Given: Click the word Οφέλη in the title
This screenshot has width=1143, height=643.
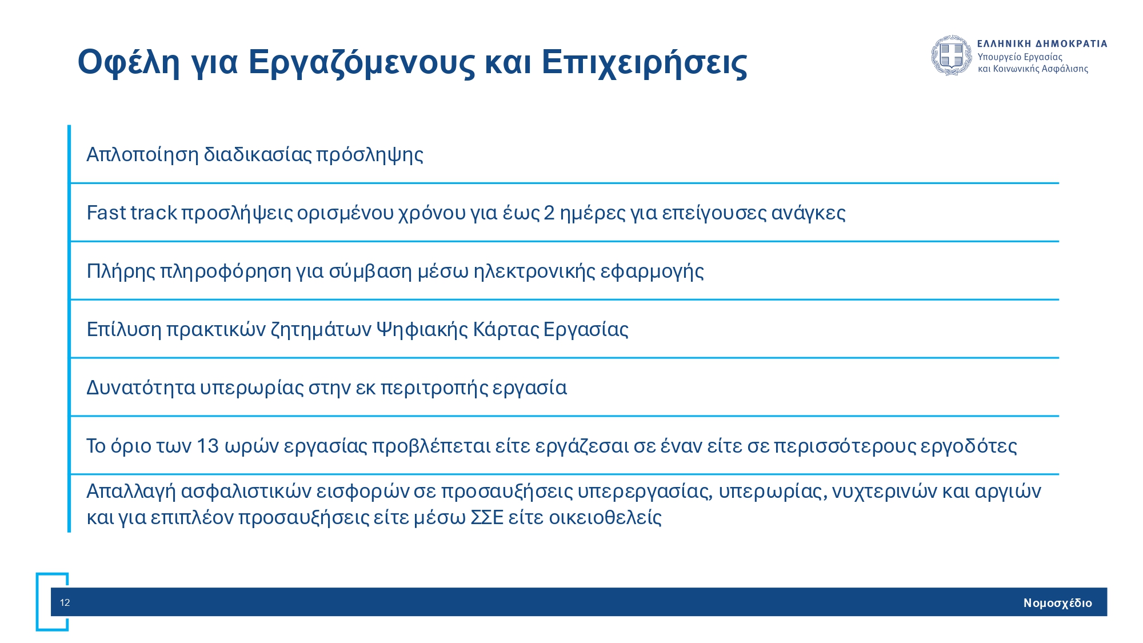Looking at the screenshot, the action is [129, 62].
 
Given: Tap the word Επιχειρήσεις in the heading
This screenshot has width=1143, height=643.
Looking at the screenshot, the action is [644, 62].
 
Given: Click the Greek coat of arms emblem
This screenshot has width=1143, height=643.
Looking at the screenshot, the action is [952, 55].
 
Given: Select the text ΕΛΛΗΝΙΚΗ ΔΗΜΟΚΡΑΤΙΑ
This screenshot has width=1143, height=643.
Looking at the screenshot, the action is [1042, 43].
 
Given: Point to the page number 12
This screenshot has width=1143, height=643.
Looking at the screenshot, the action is [65, 602].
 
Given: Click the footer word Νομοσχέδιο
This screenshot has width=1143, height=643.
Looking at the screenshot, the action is [1057, 603].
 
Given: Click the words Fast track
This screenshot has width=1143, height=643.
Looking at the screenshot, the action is [131, 213].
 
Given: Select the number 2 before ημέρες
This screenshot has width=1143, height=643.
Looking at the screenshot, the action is [549, 213].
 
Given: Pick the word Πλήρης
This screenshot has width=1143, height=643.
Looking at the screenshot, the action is [121, 271].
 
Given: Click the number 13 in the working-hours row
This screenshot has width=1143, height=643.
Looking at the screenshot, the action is [207, 446].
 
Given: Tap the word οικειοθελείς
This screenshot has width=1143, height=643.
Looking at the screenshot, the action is [605, 517].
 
